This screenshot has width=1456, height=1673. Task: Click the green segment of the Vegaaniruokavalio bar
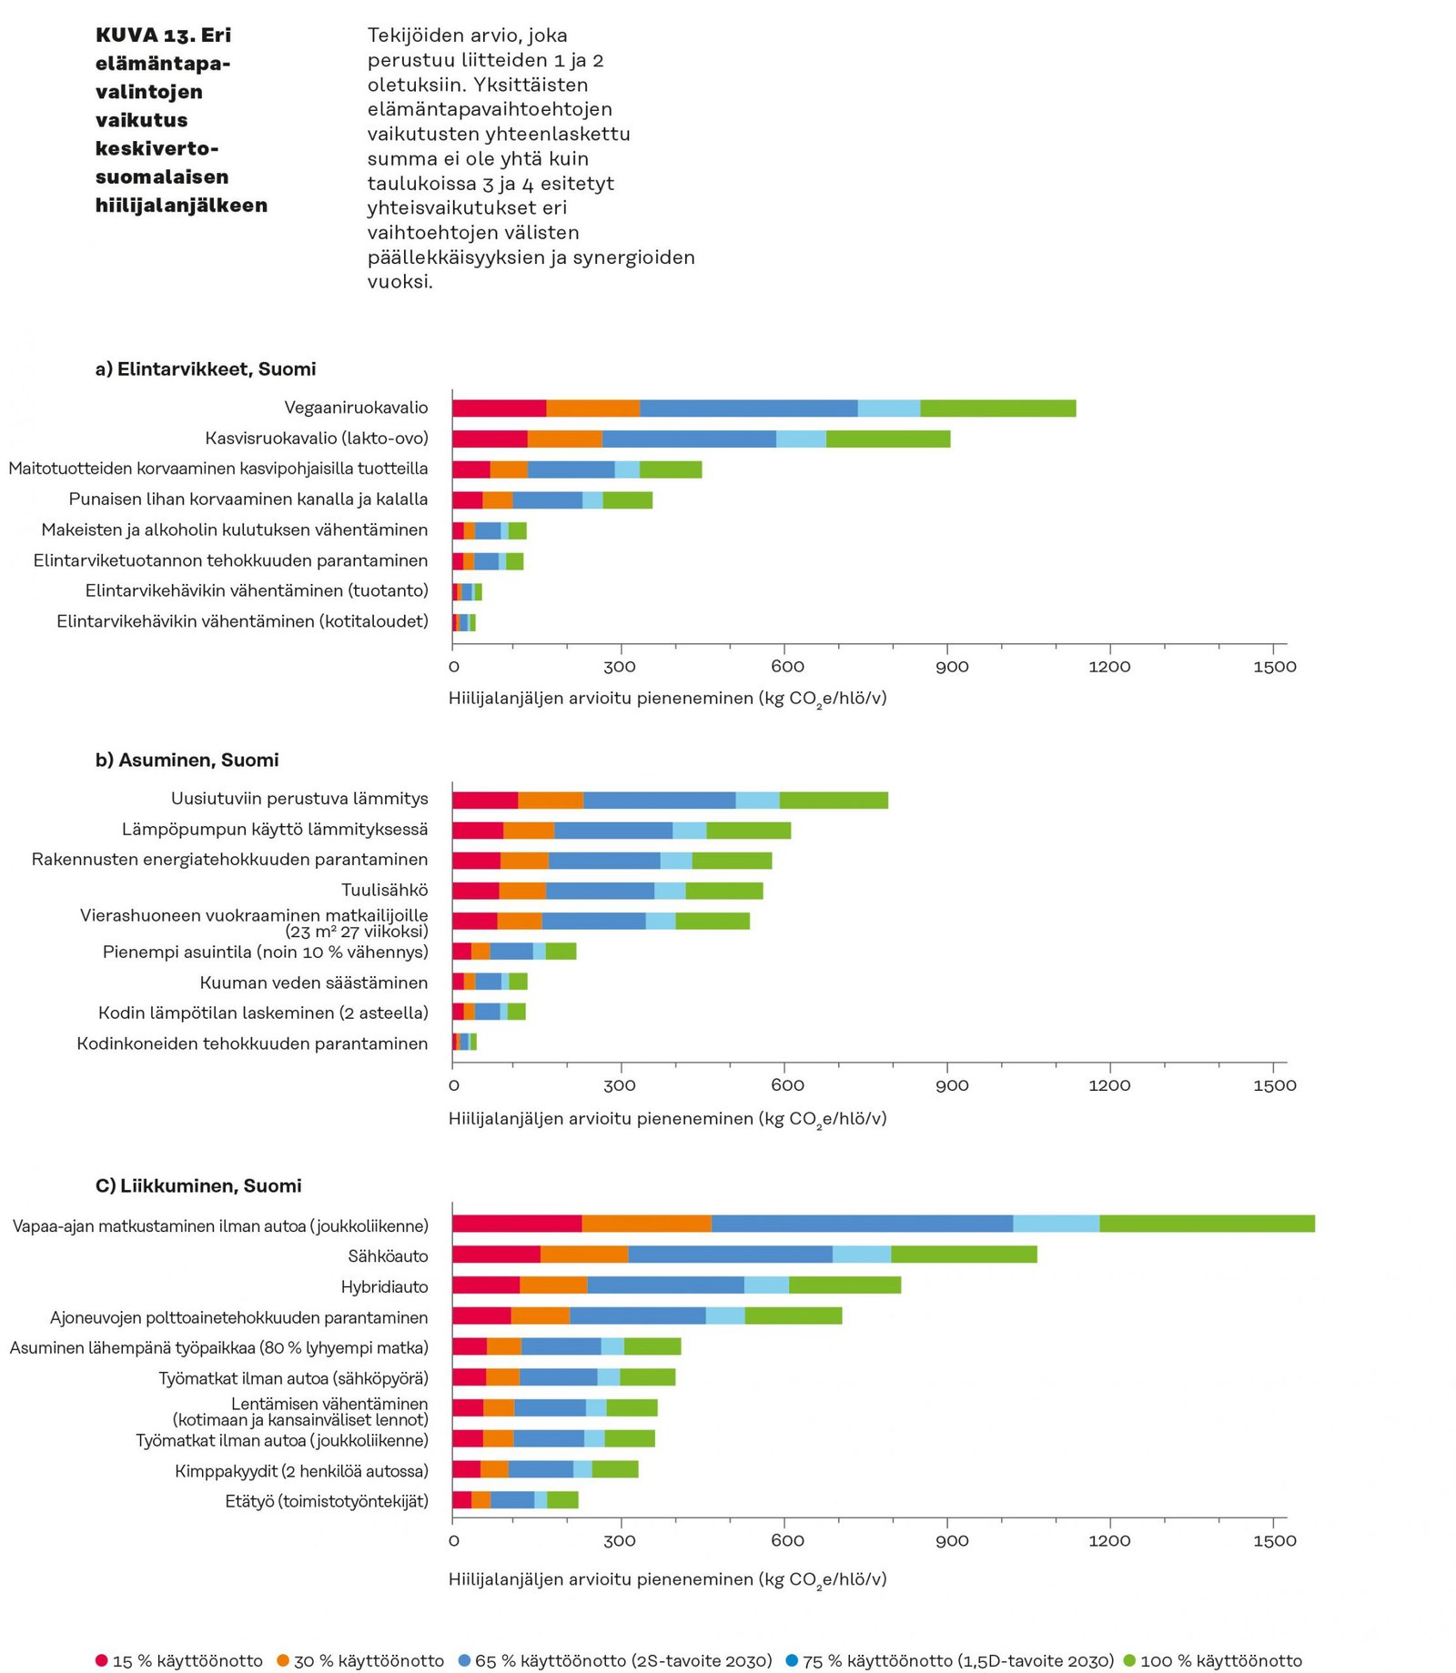[997, 408]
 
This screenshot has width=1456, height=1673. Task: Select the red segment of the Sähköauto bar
[496, 1255]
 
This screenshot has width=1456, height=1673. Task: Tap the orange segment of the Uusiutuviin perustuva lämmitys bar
[551, 801]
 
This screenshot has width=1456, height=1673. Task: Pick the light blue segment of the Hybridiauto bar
[766, 1285]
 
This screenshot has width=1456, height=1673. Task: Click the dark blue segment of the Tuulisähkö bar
[600, 891]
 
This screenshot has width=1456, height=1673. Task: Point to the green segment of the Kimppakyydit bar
[615, 1469]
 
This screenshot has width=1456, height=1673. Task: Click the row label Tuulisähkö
[384, 890]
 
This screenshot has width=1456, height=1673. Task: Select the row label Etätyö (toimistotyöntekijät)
[327, 1501]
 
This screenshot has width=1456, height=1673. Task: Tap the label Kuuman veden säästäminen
[314, 983]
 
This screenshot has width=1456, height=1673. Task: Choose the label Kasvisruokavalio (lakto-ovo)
[317, 438]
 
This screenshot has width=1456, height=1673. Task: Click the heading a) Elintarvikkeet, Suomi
[206, 369]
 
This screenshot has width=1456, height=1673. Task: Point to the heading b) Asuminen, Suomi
[187, 761]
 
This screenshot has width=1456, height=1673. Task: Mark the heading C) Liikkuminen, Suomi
[198, 1186]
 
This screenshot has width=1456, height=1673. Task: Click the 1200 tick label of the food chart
[1109, 667]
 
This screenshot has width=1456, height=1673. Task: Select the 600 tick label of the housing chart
[787, 1085]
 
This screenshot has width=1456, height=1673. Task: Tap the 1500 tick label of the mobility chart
[1274, 1541]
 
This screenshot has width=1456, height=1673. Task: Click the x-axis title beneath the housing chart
[667, 1119]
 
